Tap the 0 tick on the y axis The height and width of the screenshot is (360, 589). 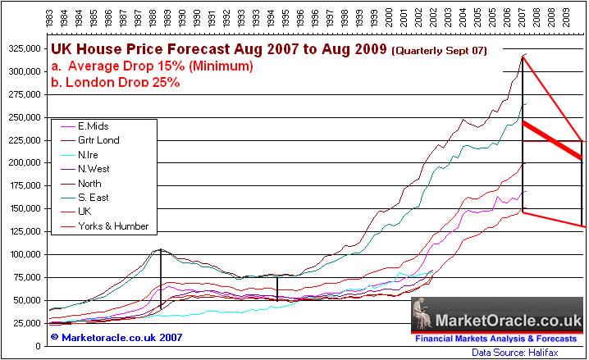[39, 346]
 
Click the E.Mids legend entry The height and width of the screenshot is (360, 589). [95, 126]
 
